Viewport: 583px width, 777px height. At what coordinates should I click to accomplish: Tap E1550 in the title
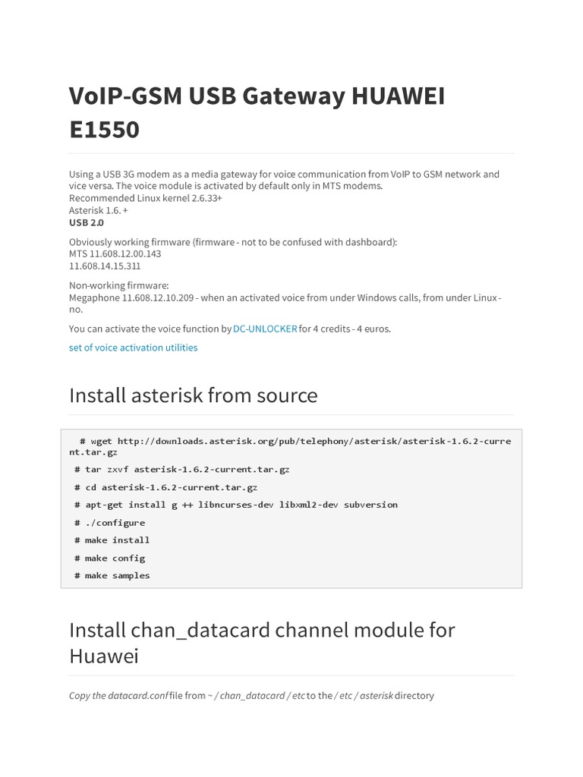point(105,130)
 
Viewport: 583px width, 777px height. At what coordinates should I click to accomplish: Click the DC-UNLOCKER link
point(265,329)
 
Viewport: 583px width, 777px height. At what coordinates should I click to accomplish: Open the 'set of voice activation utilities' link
point(133,348)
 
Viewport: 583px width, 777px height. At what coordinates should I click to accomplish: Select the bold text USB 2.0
point(87,223)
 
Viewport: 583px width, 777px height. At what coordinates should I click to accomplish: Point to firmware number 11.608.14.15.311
point(105,266)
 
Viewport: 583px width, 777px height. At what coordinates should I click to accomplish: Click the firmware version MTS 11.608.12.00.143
point(115,254)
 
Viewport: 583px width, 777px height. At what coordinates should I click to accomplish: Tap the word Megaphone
point(94,297)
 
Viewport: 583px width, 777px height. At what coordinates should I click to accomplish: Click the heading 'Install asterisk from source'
point(193,395)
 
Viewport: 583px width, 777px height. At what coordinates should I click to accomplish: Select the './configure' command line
point(115,523)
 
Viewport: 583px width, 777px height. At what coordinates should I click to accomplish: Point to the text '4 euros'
point(373,329)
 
